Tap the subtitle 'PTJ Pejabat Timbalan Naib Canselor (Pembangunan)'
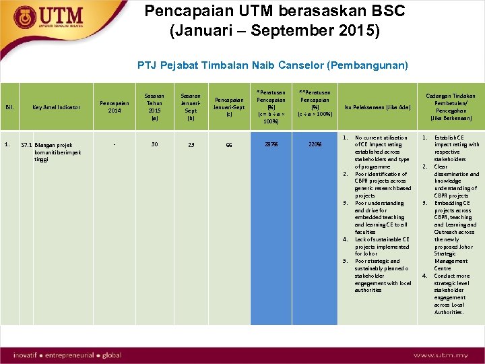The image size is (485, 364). click(x=272, y=65)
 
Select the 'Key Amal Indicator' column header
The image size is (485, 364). click(x=57, y=107)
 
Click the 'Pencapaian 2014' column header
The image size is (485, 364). click(x=115, y=107)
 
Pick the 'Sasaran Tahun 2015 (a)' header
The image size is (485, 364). click(x=155, y=107)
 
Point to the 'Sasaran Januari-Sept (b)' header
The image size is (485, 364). click(x=191, y=107)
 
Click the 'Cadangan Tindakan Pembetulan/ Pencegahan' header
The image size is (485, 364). click(x=449, y=107)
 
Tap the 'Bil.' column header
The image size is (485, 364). click(x=9, y=107)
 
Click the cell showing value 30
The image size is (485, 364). click(x=155, y=144)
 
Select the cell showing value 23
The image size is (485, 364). click(x=191, y=145)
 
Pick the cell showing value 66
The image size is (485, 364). click(x=230, y=145)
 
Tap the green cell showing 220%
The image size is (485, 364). click(x=315, y=145)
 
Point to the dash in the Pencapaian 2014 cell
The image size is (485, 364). click(x=115, y=144)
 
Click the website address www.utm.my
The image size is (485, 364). click(x=441, y=355)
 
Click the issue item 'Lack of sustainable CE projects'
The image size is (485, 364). click(x=381, y=246)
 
